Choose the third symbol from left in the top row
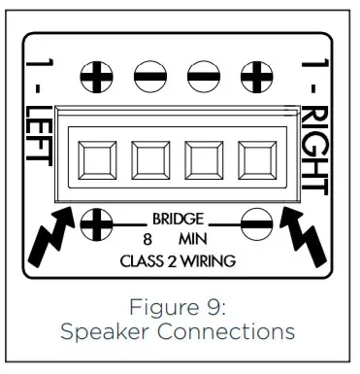point(206,77)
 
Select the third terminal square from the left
point(205,157)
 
